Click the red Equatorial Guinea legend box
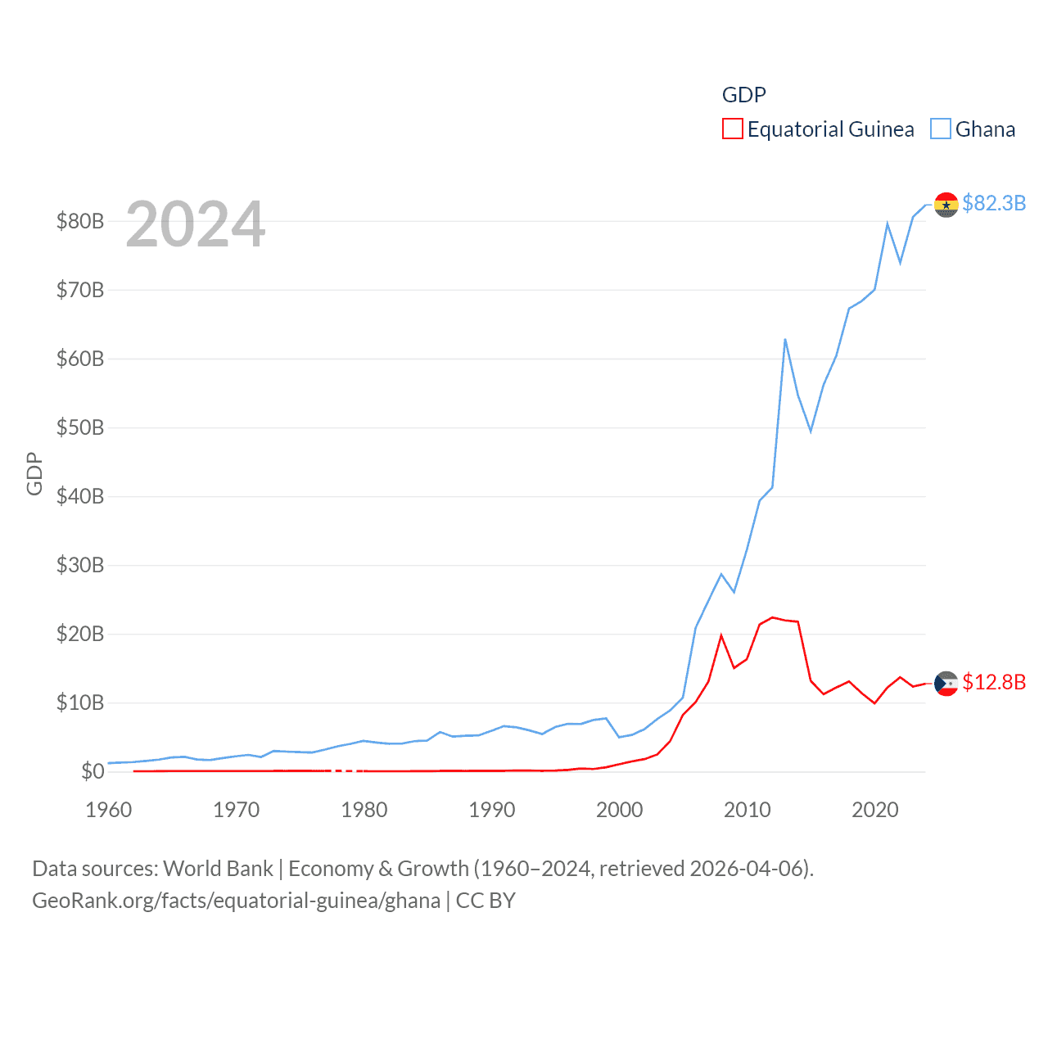tap(732, 129)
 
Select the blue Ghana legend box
tap(941, 129)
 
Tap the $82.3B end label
tap(994, 203)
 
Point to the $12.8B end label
tap(994, 682)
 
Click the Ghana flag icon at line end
tap(946, 205)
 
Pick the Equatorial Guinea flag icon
tap(946, 683)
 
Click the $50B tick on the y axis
tap(79, 427)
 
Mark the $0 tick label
tap(93, 771)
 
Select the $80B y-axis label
tap(79, 221)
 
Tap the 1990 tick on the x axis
tap(492, 810)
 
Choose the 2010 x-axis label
tap(748, 810)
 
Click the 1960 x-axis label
tap(109, 810)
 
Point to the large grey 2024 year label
tap(195, 224)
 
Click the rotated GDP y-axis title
tap(34, 473)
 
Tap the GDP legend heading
tap(743, 95)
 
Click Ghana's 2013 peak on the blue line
tap(785, 339)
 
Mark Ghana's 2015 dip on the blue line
tap(811, 431)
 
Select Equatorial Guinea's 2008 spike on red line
tap(721, 635)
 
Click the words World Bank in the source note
tap(218, 868)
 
